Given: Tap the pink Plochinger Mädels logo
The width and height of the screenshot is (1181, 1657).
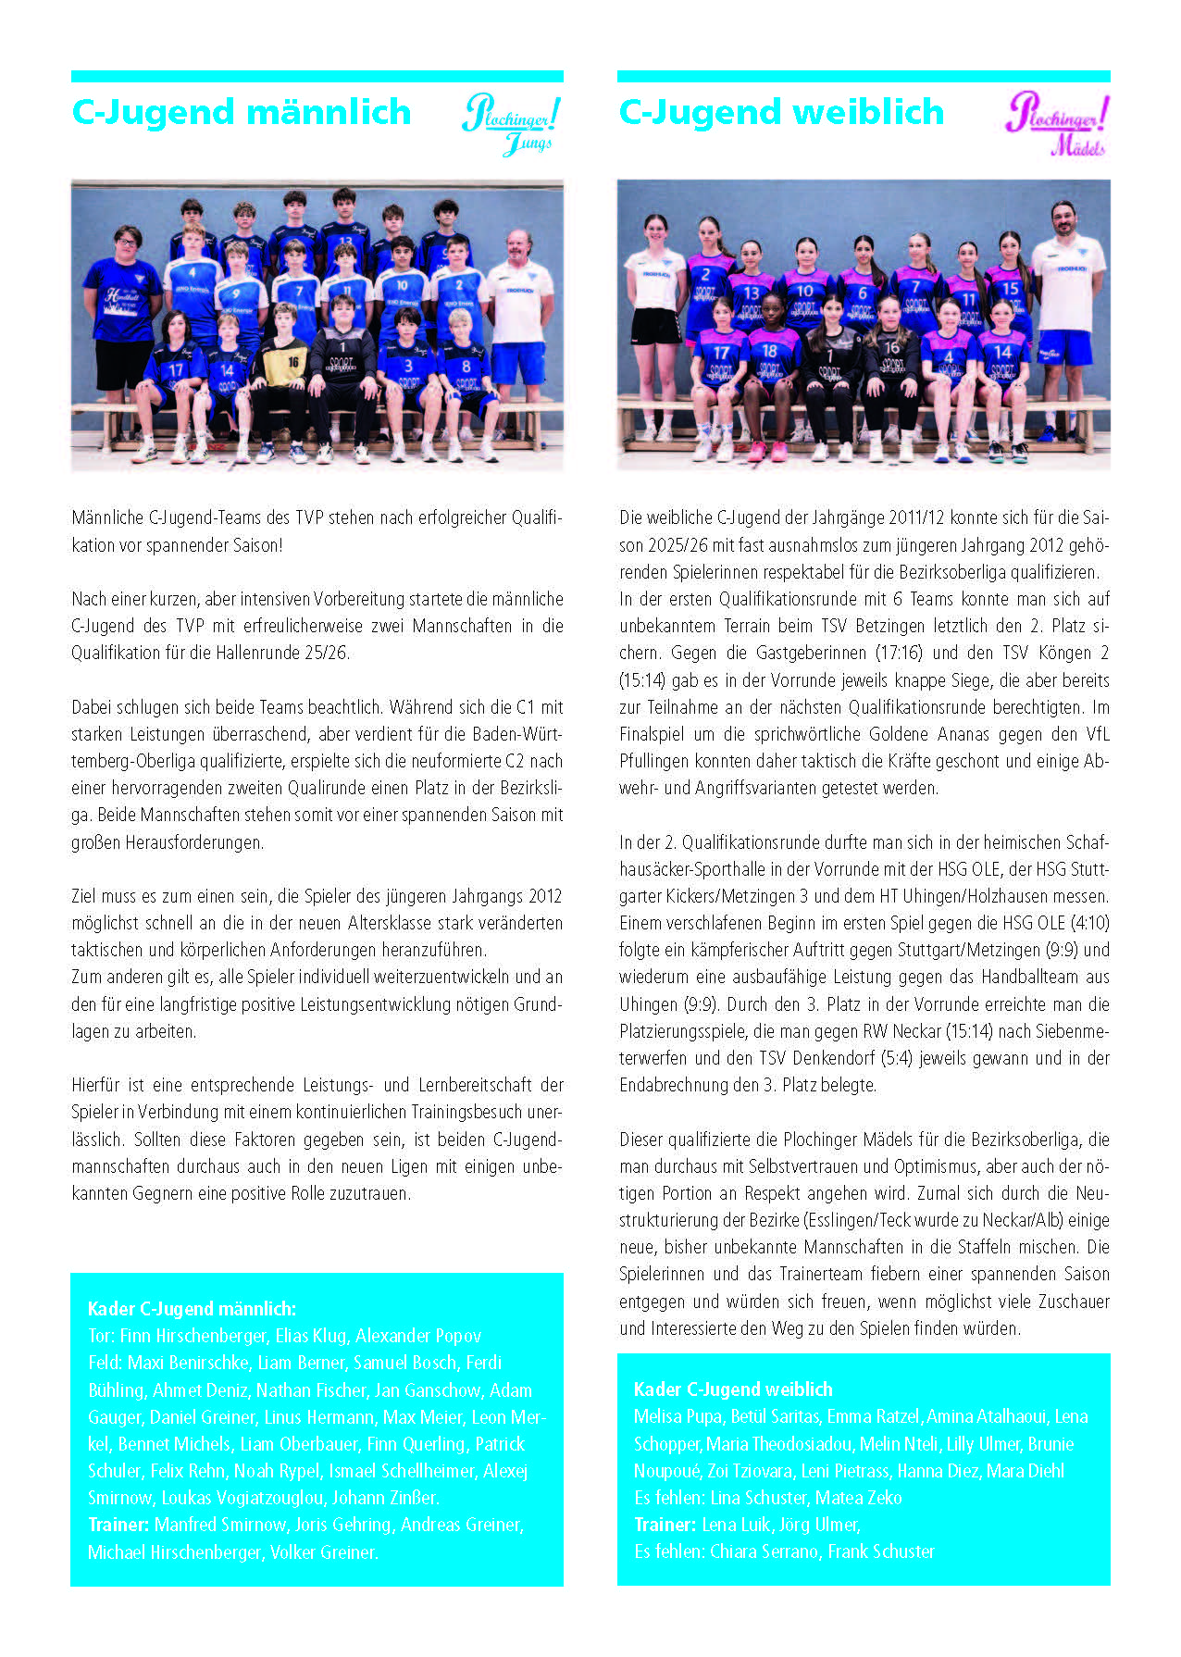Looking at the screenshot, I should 1057,123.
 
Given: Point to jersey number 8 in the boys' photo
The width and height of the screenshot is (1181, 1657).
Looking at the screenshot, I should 465,368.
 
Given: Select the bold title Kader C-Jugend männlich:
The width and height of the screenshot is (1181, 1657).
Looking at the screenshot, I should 192,1309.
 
